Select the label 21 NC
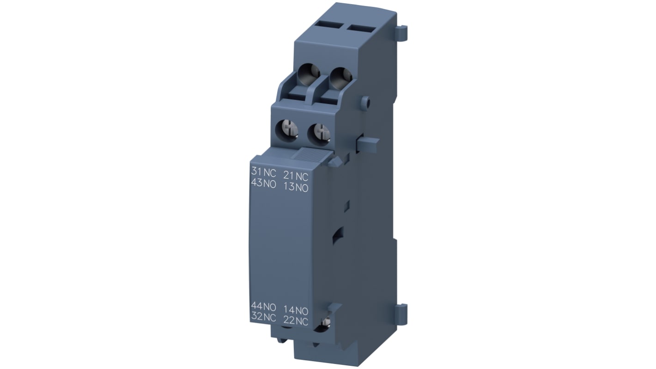click(x=296, y=176)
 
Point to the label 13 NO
click(x=296, y=187)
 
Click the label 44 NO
click(x=263, y=306)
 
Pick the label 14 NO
click(x=296, y=310)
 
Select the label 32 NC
click(x=263, y=317)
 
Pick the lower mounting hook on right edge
click(x=402, y=314)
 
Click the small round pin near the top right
click(x=366, y=101)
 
